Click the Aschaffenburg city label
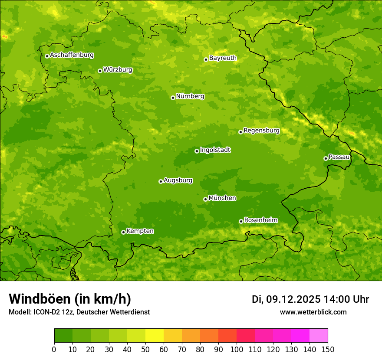pos(72,55)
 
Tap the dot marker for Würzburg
pos(100,71)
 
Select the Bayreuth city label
pos(223,58)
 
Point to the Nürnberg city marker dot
pos(173,98)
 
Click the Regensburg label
pos(261,130)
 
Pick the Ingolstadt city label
pos(215,150)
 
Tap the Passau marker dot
pos(326,158)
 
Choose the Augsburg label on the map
pos(178,180)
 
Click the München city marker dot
pos(205,199)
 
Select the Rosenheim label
pos(260,220)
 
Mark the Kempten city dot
pos(123,232)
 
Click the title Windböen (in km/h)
pos(69,299)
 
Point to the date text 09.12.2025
pos(293,299)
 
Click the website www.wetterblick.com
pos(313,312)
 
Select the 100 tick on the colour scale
pos(237,349)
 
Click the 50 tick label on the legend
pos(145,349)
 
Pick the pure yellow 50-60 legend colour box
pos(155,336)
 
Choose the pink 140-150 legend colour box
pos(319,336)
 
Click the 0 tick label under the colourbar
pos(54,349)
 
